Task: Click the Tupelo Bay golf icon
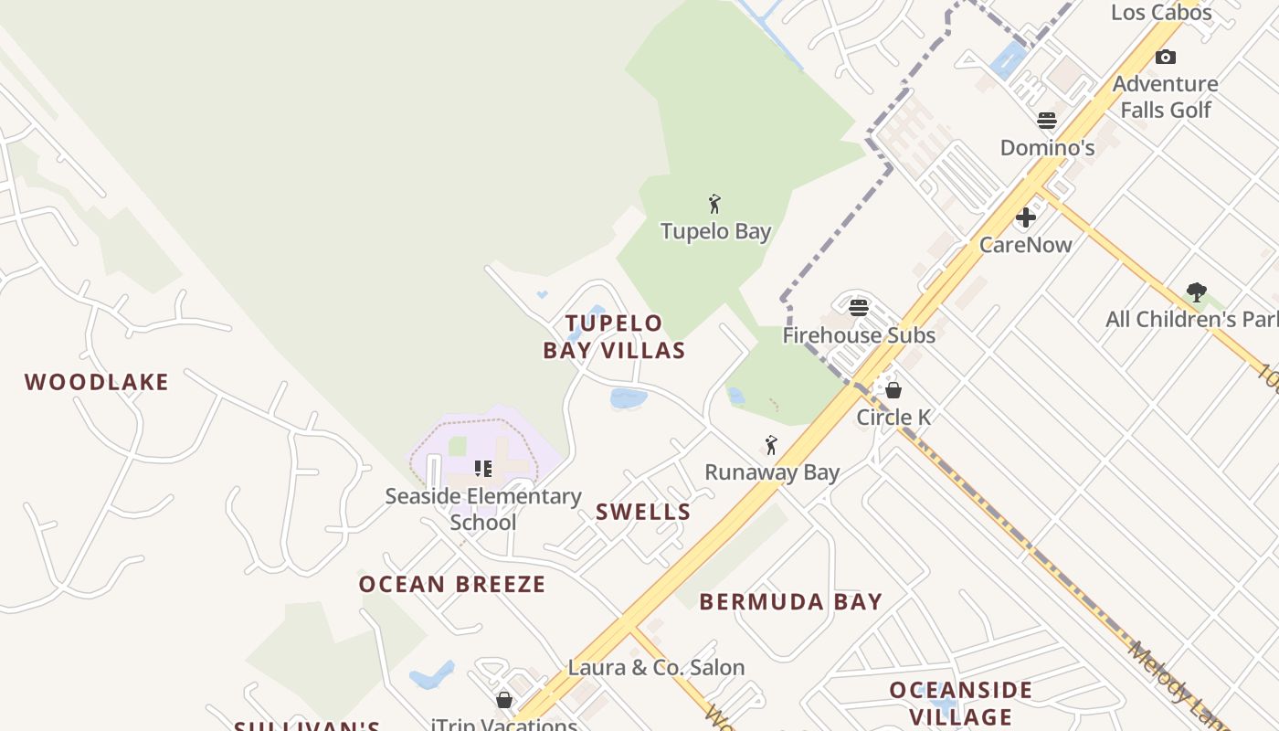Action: [715, 204]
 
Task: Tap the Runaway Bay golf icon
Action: [771, 445]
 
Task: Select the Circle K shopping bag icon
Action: [893, 390]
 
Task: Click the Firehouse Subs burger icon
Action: [859, 307]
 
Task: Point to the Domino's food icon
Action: [1047, 121]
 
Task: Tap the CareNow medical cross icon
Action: [1026, 217]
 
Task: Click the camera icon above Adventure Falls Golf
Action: [1166, 58]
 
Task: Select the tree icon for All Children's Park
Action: [1197, 292]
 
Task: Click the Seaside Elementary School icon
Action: [483, 469]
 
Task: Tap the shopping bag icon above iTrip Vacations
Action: [504, 700]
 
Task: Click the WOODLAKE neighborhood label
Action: [97, 382]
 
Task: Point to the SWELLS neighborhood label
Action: [643, 512]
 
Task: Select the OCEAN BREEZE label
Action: [452, 584]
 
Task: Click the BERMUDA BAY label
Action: [791, 601]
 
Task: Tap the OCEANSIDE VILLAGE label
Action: [961, 703]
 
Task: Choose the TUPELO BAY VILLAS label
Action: [614, 336]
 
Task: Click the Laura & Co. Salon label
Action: [656, 668]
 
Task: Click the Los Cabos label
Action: [1161, 12]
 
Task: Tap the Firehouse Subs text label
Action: [859, 335]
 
